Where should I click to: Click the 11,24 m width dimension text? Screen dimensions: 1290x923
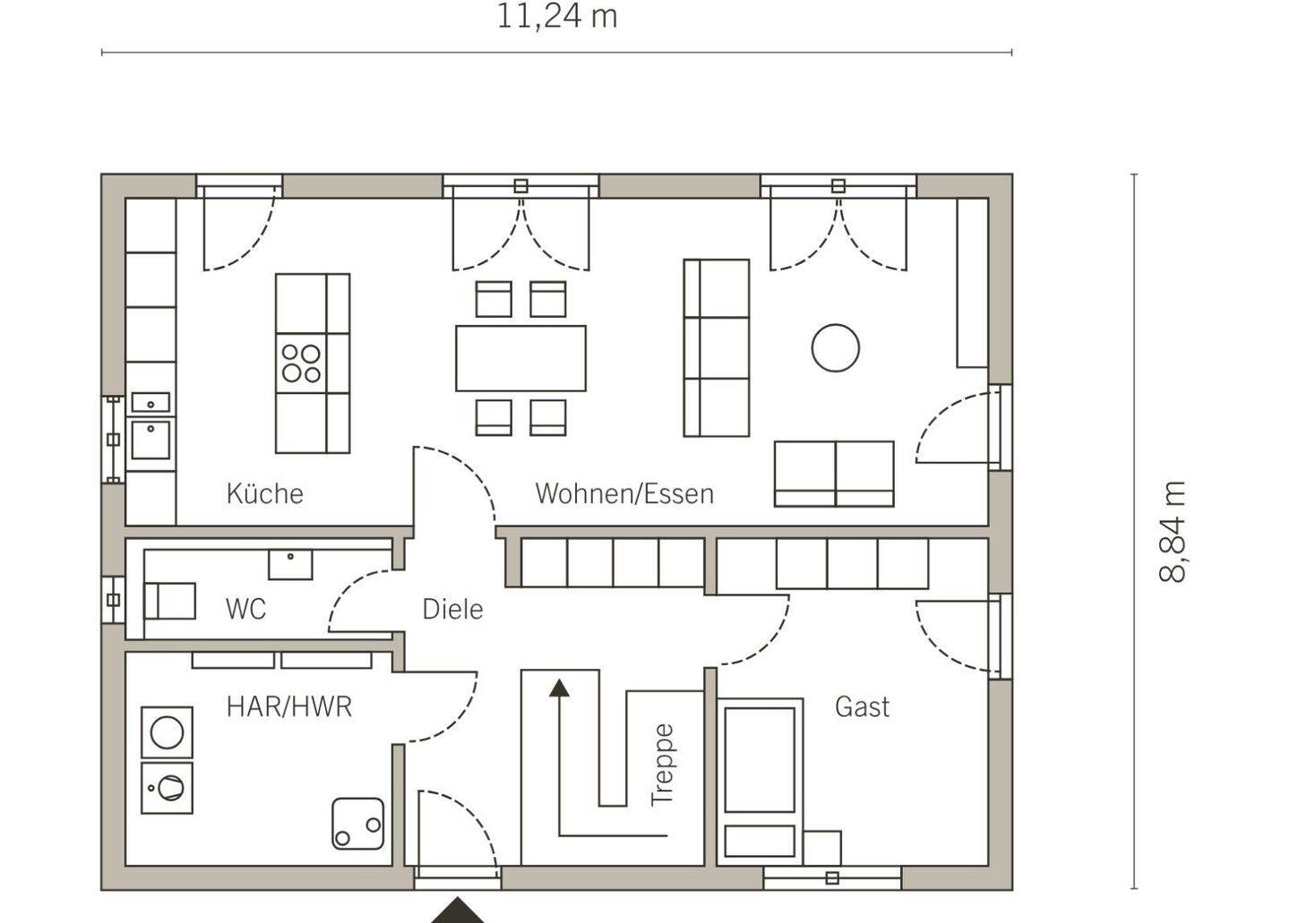[556, 16]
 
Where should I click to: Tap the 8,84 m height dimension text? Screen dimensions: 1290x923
[1173, 532]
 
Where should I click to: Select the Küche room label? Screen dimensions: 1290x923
[265, 493]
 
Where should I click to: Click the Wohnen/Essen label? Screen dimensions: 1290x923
[624, 493]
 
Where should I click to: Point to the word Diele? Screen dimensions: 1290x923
[452, 610]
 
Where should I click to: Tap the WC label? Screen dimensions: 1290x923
[245, 610]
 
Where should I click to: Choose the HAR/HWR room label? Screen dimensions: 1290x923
[289, 706]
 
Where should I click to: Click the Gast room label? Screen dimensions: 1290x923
[862, 706]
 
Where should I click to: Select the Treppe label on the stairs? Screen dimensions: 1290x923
[662, 765]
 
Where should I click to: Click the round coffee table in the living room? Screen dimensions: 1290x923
[836, 347]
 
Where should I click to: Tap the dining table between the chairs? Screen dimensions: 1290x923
[520, 358]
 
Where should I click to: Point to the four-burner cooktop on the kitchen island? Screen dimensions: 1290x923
[301, 363]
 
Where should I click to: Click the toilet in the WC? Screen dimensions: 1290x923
[169, 601]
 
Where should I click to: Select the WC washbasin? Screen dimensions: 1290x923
[290, 564]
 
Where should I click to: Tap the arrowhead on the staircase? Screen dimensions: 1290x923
[559, 688]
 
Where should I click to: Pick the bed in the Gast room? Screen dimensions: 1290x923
[760, 781]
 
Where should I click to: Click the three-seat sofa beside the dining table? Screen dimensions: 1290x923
[717, 347]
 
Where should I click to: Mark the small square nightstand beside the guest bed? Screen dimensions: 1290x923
[822, 848]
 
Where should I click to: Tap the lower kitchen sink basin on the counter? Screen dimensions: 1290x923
[150, 439]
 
